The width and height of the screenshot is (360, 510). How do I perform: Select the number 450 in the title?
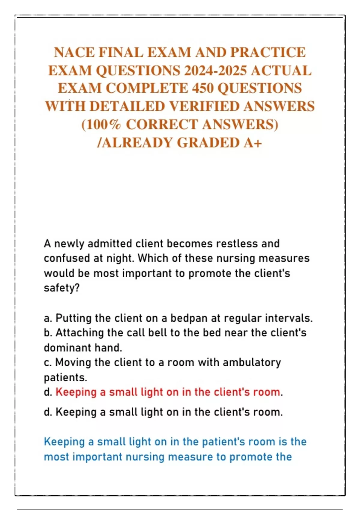point(203,88)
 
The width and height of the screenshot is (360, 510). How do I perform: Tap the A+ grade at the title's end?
point(253,142)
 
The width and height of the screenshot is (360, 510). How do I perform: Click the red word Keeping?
point(76,392)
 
